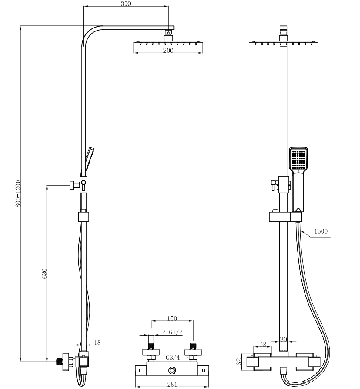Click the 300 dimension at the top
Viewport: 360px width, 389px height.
pos(126,3)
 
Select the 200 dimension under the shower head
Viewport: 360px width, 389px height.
pos(169,51)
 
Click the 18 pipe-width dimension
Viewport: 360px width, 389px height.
pos(97,343)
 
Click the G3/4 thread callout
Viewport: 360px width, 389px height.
pos(173,358)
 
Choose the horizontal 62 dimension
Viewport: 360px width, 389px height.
pos(263,344)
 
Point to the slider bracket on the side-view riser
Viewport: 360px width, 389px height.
pos(84,217)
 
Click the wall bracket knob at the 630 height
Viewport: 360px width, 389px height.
pos(70,185)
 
